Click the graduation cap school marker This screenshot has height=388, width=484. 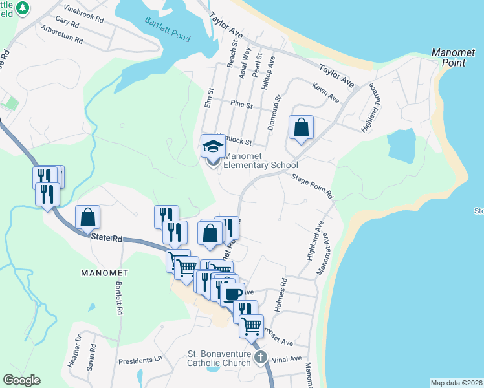click(x=212, y=147)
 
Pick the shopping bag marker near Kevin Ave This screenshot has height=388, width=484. click(x=301, y=127)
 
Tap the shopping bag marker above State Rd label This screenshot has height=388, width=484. click(x=87, y=219)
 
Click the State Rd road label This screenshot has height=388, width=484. click(x=107, y=238)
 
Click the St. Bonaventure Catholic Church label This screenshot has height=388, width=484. click(x=219, y=358)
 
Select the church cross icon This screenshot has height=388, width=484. click(x=260, y=358)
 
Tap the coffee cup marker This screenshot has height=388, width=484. click(x=232, y=294)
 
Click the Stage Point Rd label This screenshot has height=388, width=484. click(x=312, y=185)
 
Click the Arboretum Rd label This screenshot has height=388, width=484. click(x=61, y=34)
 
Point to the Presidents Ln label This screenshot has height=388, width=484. click(x=145, y=359)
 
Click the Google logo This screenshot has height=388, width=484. click(x=21, y=380)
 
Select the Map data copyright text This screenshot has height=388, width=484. click(x=456, y=383)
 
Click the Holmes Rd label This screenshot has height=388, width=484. click(x=280, y=294)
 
